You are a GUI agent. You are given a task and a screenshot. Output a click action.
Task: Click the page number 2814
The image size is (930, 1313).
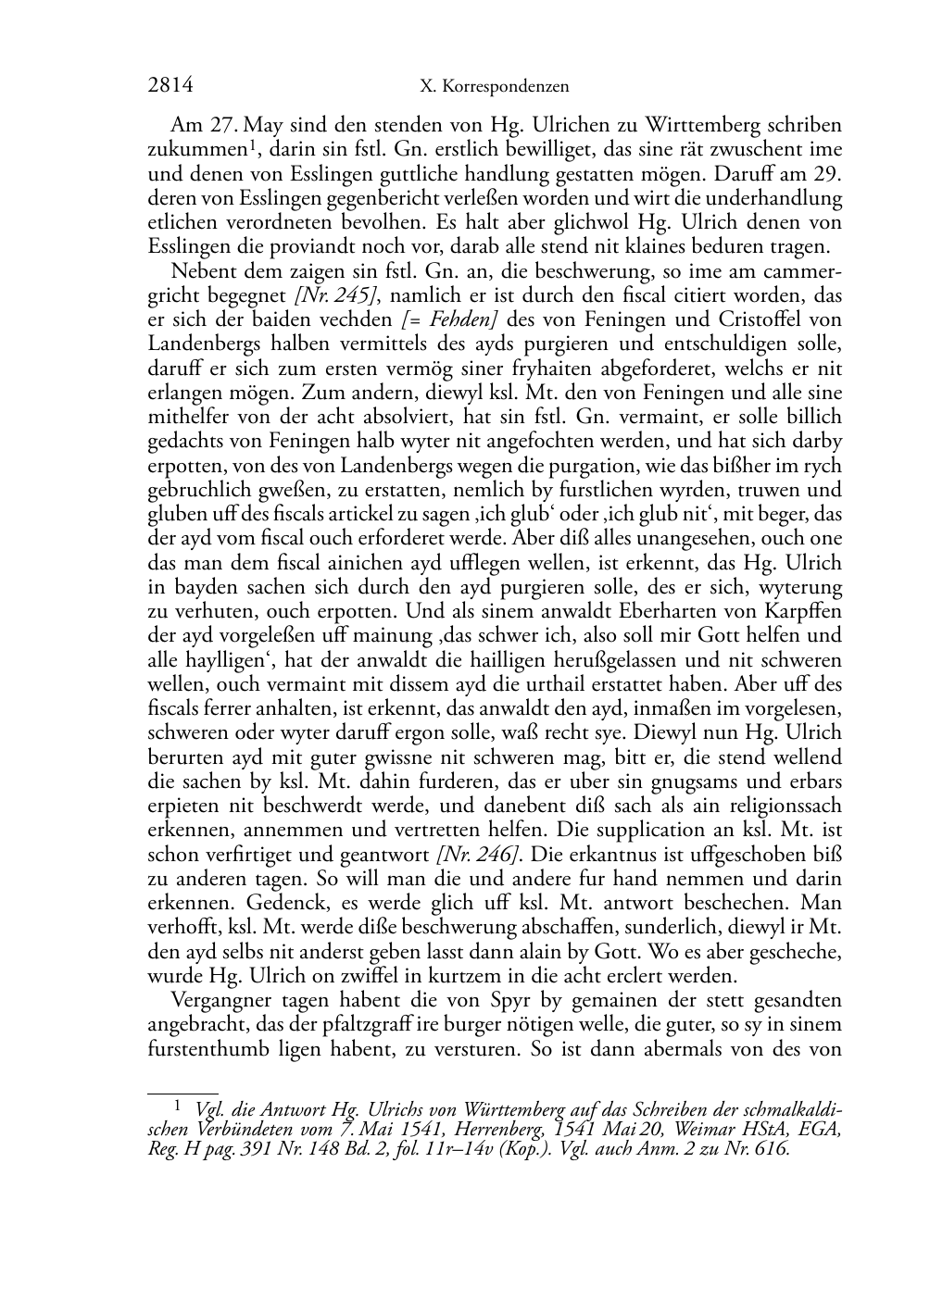(170, 86)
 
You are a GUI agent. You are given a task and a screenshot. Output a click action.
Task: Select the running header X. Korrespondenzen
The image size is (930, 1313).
(494, 87)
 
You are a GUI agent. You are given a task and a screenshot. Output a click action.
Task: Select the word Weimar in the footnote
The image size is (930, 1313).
(728, 1129)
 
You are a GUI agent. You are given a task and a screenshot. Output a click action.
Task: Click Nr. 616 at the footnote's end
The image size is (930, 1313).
(759, 1149)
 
